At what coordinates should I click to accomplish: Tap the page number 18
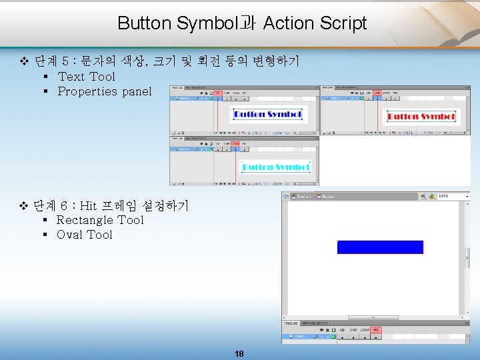coord(239,353)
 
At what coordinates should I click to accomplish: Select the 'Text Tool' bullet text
coord(86,77)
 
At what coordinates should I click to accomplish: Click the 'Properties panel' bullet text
coord(104,91)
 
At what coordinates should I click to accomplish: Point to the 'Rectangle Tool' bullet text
coord(100,220)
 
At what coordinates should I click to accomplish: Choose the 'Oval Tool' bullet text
coord(84,235)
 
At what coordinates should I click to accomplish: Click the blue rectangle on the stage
coord(380,247)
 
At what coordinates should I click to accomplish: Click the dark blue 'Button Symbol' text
coord(267,115)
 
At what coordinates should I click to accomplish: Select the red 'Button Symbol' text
coord(421,117)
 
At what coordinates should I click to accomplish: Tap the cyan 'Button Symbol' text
coord(275,167)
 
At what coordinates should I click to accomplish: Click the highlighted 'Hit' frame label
coord(376,330)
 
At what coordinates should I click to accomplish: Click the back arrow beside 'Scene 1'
coord(285,197)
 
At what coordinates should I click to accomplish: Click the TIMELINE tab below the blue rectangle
coord(291,323)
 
